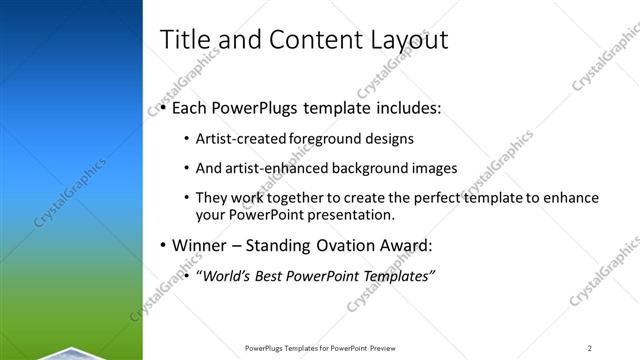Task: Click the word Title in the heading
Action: click(x=186, y=41)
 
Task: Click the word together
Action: click(x=291, y=198)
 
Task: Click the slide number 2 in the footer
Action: click(x=589, y=347)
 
